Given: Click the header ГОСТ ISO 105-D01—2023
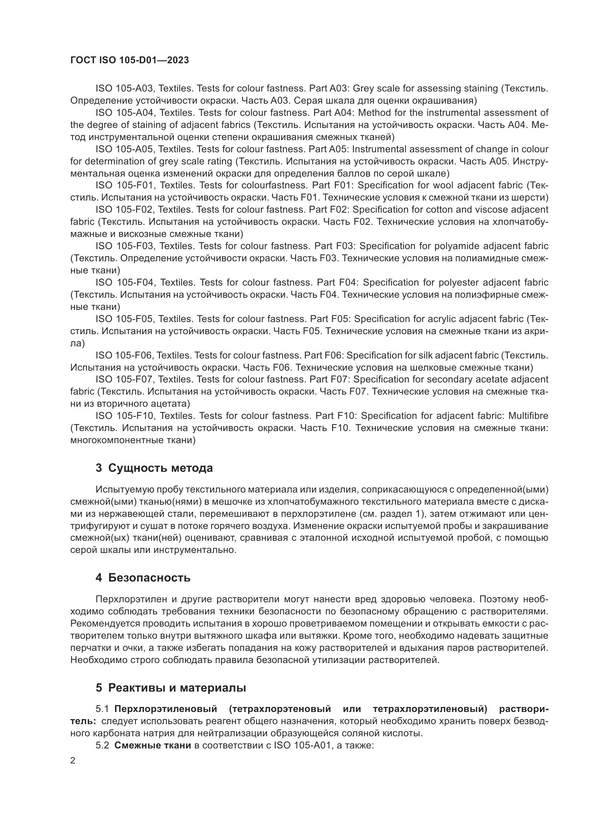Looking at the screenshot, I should coord(130,60).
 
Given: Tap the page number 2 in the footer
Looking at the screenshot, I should coord(73,761).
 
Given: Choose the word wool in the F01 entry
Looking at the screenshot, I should coord(443,185).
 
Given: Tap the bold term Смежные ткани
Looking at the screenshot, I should coord(153,745).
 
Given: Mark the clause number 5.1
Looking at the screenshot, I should coord(102,709).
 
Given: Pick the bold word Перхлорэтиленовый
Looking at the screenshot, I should coord(165,709).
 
